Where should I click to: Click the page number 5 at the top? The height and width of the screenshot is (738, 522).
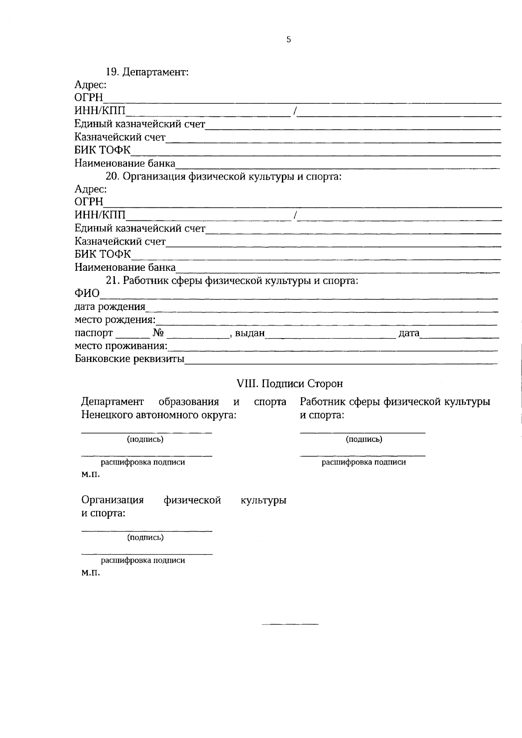(x=289, y=40)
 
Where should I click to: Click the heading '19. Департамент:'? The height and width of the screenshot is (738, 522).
(x=147, y=72)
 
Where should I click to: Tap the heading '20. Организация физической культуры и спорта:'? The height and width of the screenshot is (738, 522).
(x=224, y=176)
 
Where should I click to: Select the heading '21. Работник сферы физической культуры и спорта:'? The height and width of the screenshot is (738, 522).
(x=232, y=281)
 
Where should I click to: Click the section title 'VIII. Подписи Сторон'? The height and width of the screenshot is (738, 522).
(x=289, y=384)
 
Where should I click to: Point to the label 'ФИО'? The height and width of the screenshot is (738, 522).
(x=87, y=294)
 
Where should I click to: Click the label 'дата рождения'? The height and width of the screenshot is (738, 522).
(x=110, y=307)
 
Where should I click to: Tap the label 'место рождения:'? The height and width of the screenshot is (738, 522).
(x=115, y=320)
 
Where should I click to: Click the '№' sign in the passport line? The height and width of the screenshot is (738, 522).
(x=158, y=333)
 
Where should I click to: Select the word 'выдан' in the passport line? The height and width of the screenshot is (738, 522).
(x=250, y=333)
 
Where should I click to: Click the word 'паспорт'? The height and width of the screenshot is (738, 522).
(x=94, y=333)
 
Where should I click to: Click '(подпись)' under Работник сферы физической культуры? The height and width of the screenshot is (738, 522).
(x=364, y=439)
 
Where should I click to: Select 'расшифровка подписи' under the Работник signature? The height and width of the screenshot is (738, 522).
(x=364, y=462)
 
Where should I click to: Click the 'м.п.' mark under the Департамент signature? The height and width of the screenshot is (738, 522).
(x=90, y=474)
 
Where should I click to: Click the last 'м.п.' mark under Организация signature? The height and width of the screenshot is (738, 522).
(x=90, y=573)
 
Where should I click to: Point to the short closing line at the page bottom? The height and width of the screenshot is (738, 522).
(x=290, y=625)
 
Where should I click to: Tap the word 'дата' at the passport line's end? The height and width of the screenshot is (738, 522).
(x=409, y=333)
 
